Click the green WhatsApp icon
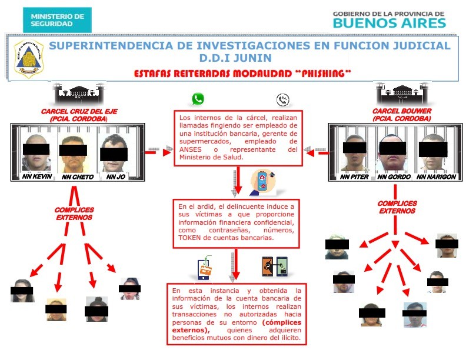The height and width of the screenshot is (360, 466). [x=198, y=99]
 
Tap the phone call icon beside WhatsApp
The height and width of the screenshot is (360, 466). [x=282, y=100]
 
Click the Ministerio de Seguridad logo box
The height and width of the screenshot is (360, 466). [x=57, y=20]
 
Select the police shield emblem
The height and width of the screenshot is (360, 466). [x=29, y=58]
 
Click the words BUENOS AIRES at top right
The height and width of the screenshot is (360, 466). [x=390, y=23]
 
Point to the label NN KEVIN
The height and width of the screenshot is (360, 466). [x=37, y=176]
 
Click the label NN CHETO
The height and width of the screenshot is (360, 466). [x=78, y=176]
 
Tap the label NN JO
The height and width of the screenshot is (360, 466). [x=115, y=176]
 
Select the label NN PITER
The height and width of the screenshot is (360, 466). [x=354, y=176]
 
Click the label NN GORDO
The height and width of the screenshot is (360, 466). [x=394, y=176]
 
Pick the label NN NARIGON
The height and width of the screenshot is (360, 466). [x=436, y=176]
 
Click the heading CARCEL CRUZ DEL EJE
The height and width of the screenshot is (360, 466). [x=79, y=111]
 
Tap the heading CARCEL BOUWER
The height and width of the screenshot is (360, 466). [x=402, y=111]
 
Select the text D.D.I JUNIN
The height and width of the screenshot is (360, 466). [x=235, y=58]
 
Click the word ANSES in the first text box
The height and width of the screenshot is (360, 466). [x=190, y=149]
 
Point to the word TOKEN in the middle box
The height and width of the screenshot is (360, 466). [x=188, y=238]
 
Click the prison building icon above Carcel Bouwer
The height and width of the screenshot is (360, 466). [x=402, y=94]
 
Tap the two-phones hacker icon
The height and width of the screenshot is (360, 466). [x=275, y=266]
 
